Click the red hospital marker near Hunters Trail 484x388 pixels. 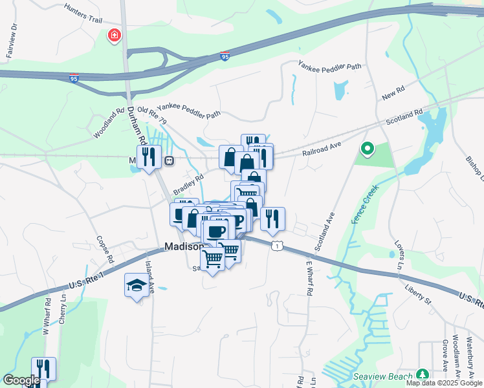(115, 35)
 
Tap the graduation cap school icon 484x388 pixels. (137, 285)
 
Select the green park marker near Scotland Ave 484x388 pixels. (367, 150)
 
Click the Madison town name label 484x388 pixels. (184, 246)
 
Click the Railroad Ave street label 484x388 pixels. (321, 151)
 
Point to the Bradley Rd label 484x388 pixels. (188, 184)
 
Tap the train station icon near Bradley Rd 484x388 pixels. (169, 160)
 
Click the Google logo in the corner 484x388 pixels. (21, 380)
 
